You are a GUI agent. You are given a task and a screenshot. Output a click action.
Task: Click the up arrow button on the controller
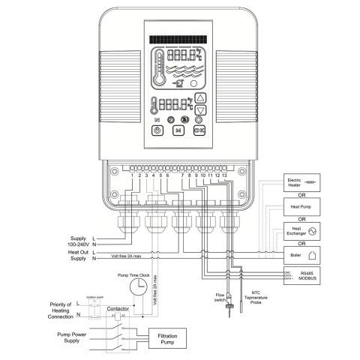coord(199,98)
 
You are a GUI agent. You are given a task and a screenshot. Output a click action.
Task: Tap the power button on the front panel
coord(157,130)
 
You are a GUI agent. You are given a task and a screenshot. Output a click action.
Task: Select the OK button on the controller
coord(199,130)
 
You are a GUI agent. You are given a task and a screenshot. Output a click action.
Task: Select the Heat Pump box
coord(303,205)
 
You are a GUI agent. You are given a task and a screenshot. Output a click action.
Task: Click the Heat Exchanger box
coord(303,229)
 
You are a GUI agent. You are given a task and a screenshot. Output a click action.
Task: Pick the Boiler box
coord(303,254)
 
